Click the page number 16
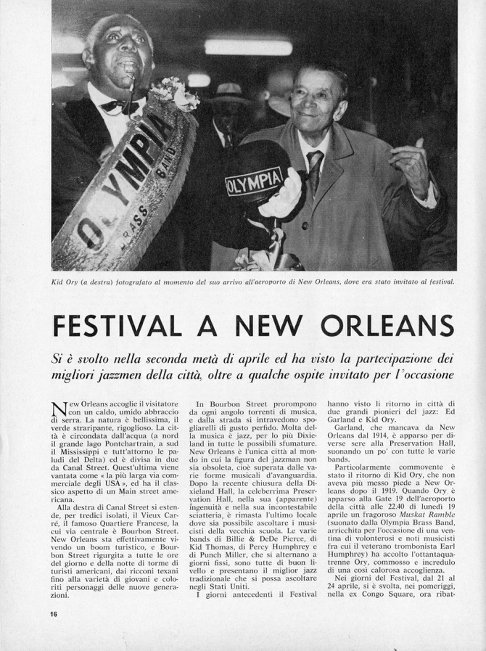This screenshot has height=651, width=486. pos(55,614)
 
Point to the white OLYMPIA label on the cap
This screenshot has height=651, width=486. pos(254,182)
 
